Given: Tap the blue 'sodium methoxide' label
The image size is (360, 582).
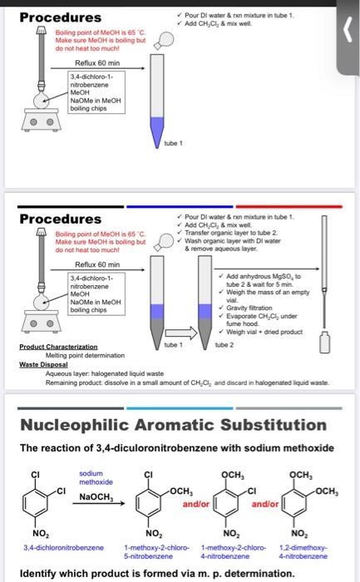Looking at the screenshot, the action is tap(96, 477).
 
